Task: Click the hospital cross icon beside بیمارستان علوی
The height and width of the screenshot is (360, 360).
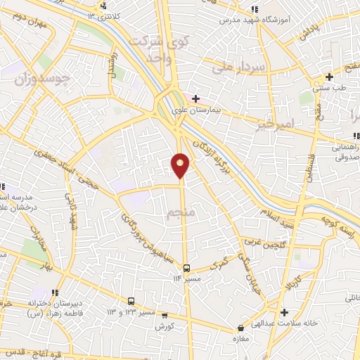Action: tap(196, 98)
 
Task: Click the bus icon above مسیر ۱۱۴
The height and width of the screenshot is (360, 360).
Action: tap(187, 267)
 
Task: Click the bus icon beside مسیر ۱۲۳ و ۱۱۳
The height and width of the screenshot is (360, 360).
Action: tap(131, 300)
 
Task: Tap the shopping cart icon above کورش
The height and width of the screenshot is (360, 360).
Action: tap(165, 316)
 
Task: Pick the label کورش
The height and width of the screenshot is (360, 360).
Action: tap(165, 327)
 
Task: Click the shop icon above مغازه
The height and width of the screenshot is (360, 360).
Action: tap(240, 327)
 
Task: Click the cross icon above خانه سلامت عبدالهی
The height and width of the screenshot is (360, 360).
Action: tap(283, 312)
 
